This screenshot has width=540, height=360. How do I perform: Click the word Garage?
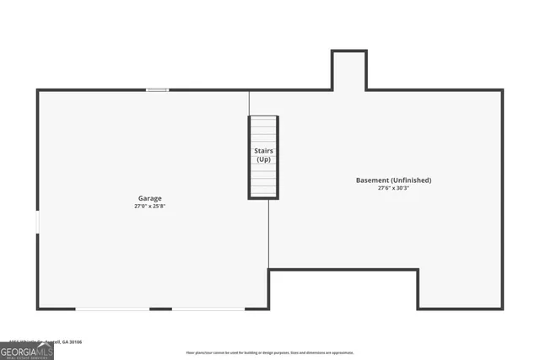click(x=150, y=199)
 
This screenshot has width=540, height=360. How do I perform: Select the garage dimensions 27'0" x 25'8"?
click(x=155, y=207)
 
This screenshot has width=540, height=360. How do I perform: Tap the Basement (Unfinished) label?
click(x=393, y=180)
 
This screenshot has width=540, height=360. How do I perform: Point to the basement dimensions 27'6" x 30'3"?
click(x=394, y=188)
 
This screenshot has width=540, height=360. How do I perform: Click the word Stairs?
click(x=263, y=151)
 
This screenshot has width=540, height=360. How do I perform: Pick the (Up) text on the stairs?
click(x=263, y=159)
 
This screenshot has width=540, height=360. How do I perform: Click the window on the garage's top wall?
click(x=157, y=90)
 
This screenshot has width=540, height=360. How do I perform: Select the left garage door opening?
click(x=112, y=309)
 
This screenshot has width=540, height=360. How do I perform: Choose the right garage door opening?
click(x=208, y=309)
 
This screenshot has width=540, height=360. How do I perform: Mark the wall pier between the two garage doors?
click(x=161, y=309)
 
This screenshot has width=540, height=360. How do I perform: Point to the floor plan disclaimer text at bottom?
click(x=270, y=352)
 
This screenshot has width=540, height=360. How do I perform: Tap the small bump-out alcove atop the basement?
click(x=348, y=70)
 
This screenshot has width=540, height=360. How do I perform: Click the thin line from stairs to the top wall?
click(x=249, y=103)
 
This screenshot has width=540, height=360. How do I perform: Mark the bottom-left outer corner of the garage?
click(x=38, y=309)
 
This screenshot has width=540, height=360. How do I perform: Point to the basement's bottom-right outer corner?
click(x=502, y=309)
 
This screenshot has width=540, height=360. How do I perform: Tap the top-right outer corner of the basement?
click(x=502, y=90)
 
